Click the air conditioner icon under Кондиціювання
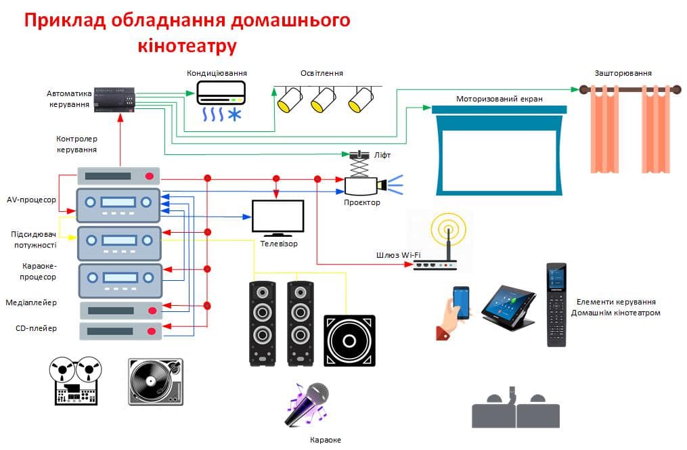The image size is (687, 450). click(221, 101)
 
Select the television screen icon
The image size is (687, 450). click(278, 218)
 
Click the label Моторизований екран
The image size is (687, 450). click(499, 99)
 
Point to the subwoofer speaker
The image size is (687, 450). click(349, 340)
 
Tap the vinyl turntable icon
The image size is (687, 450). click(156, 382)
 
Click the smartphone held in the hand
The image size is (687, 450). click(461, 302)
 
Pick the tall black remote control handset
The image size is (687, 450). click(556, 305)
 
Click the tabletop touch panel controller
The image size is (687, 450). click(509, 308)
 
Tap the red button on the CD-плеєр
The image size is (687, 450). click(152, 332)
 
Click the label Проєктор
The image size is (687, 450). click(362, 202)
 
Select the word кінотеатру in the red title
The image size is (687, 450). click(187, 45)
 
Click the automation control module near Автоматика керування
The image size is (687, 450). click(115, 99)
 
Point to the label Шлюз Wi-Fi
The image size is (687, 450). click(398, 254)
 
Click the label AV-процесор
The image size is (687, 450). click(32, 200)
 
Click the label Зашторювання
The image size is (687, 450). click(623, 73)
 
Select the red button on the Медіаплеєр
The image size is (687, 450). click(152, 311)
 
